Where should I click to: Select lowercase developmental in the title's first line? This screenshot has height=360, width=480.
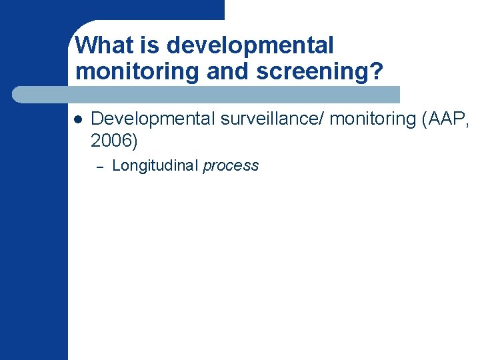tap(251, 46)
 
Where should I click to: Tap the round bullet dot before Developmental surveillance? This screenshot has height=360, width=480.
tap(77, 120)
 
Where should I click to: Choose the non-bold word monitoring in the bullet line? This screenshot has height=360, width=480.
tap(372, 119)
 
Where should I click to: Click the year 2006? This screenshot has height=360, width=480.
tap(111, 140)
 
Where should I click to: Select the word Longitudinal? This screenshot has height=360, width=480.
tap(155, 166)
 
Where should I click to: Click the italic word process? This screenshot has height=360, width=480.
tap(231, 166)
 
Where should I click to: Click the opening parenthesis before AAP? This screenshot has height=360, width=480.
tap(425, 119)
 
